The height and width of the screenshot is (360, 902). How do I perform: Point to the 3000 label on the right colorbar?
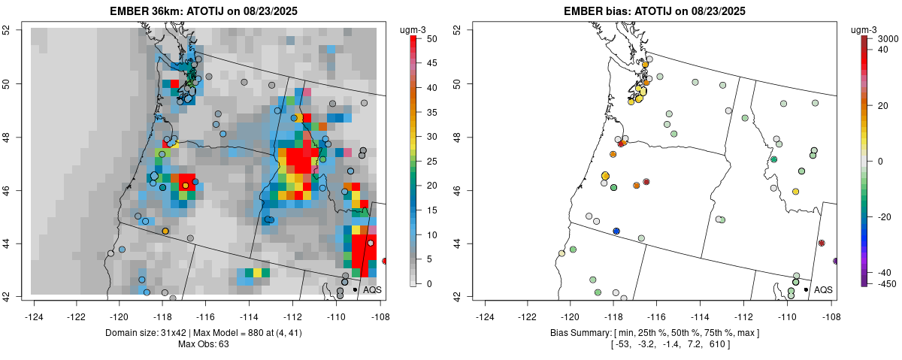(x=888, y=38)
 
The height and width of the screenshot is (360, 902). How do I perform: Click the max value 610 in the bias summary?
(x=719, y=344)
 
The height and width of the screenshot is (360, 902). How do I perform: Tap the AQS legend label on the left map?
(x=373, y=289)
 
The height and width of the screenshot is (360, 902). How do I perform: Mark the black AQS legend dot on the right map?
(x=806, y=289)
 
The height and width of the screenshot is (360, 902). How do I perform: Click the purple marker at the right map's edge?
(x=836, y=261)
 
